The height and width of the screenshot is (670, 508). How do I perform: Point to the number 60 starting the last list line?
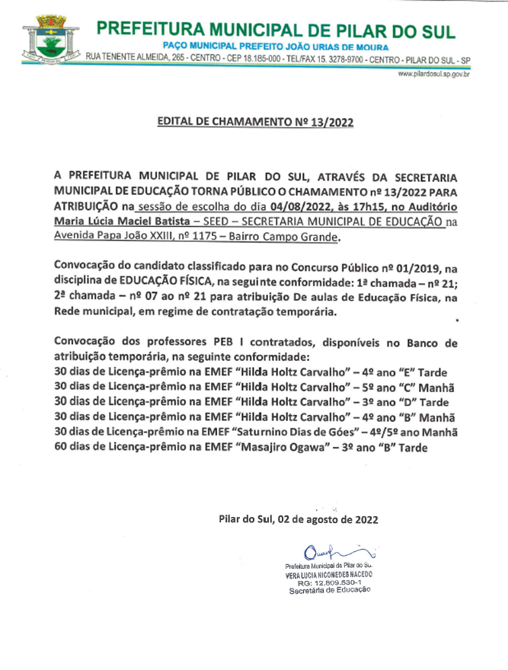62,447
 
